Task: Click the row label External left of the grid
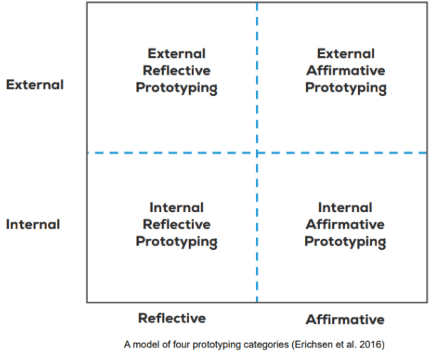coord(35,85)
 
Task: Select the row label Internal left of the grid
coord(33,224)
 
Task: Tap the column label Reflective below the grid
coord(172,318)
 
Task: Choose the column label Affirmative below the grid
coord(345,319)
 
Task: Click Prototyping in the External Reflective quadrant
coord(177,88)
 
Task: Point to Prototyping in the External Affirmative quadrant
coord(346,88)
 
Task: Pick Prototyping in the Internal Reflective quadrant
coord(177,241)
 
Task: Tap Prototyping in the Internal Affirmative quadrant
coord(345,241)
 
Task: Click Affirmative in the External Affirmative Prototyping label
coord(345,70)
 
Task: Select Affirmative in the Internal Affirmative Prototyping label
coord(345,224)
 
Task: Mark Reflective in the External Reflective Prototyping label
coord(177,70)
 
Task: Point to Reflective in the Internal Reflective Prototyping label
coord(177,224)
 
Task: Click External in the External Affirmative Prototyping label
coord(346,54)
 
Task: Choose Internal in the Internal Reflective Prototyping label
coord(177,208)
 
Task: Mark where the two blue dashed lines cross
coord(257,153)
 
